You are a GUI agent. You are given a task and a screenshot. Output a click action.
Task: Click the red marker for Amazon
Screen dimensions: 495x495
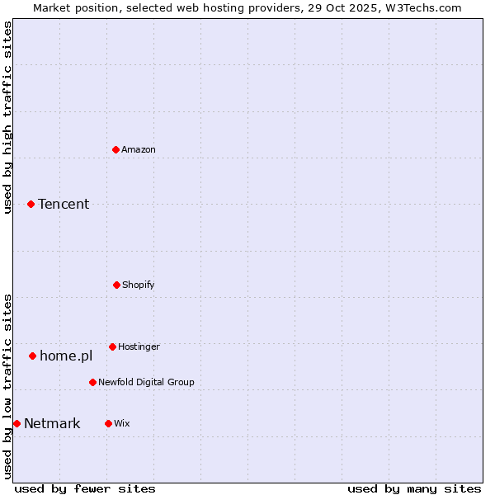coord(115,149)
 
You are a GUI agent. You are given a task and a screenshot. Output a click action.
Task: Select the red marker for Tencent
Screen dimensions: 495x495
coord(31,204)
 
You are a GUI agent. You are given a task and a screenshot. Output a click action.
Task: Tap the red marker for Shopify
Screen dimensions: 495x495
coord(116,285)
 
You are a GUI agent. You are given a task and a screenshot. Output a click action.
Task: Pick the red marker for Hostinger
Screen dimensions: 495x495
coord(112,346)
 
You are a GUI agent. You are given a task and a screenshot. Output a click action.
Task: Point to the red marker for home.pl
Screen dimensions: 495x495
coord(32,356)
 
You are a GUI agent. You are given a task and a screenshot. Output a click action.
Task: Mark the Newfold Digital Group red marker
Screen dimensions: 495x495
coord(92,382)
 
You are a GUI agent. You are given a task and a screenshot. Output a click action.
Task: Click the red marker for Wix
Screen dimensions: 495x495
coord(108,423)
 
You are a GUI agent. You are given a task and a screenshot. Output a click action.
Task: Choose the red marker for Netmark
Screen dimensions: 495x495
coord(16,423)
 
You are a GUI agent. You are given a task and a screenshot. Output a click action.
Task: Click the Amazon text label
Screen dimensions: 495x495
coord(139,149)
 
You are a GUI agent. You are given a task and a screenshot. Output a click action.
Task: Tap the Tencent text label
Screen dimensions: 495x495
coord(64,204)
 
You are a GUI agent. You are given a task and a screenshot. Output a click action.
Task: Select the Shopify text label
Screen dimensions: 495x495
coord(139,285)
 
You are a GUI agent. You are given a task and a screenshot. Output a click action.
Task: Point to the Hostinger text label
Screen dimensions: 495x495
coord(139,346)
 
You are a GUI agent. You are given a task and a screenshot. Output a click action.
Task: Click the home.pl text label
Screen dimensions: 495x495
coord(66,356)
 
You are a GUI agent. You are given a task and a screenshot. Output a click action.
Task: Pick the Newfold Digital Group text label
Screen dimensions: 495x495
coord(146,382)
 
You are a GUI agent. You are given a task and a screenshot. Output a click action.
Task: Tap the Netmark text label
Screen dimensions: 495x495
coord(52,423)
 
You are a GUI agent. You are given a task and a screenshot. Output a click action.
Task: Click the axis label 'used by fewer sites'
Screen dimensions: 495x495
coord(85,488)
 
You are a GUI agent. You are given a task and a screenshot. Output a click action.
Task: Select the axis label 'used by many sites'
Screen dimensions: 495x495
coord(414,488)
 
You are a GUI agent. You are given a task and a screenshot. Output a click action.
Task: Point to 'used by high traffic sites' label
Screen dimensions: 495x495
coord(7,117)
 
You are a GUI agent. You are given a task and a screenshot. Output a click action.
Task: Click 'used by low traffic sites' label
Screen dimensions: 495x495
coord(7,386)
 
